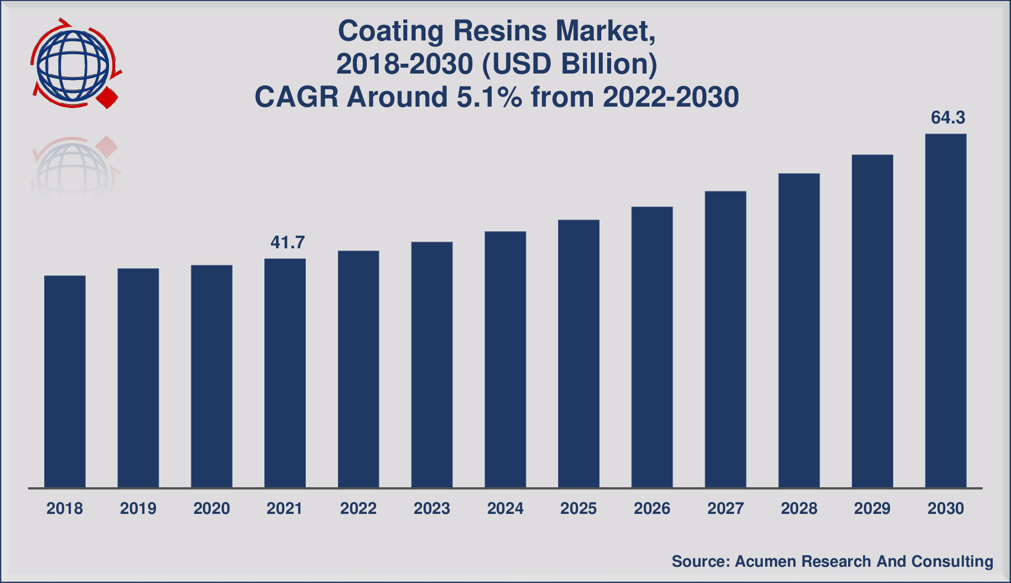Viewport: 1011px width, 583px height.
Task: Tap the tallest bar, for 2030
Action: (x=945, y=311)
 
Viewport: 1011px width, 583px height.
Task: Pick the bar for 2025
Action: (x=579, y=353)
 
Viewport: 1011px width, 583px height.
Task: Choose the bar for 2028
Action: (x=799, y=330)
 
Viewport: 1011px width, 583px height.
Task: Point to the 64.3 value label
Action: (x=947, y=118)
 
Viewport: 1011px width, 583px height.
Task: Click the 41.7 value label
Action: (x=287, y=242)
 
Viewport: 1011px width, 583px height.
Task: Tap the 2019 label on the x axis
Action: (x=138, y=508)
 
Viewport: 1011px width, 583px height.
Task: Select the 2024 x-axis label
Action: (x=505, y=508)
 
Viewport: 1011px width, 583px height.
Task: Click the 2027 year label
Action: (x=725, y=508)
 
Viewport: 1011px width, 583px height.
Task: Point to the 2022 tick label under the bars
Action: (x=358, y=508)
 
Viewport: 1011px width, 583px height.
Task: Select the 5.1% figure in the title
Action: (x=489, y=97)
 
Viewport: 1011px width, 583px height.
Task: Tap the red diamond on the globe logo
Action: (x=107, y=98)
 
